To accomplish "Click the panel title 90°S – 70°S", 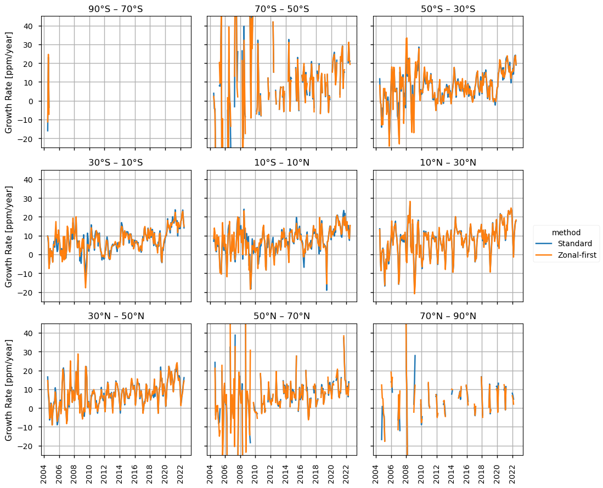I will pyautogui.click(x=116, y=9).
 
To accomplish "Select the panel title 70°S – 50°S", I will pyautogui.click(x=282, y=9).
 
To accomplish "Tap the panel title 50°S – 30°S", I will pyautogui.click(x=448, y=9).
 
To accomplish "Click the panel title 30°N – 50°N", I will pyautogui.click(x=116, y=316).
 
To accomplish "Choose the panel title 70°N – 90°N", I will pyautogui.click(x=448, y=316).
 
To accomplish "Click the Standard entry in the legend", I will pyautogui.click(x=574, y=243).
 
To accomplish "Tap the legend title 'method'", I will pyautogui.click(x=566, y=232).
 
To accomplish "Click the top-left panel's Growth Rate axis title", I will pyautogui.click(x=9, y=82).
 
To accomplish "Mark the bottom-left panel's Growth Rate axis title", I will pyautogui.click(x=9, y=389).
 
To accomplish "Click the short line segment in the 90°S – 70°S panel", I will pyautogui.click(x=48, y=88).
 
